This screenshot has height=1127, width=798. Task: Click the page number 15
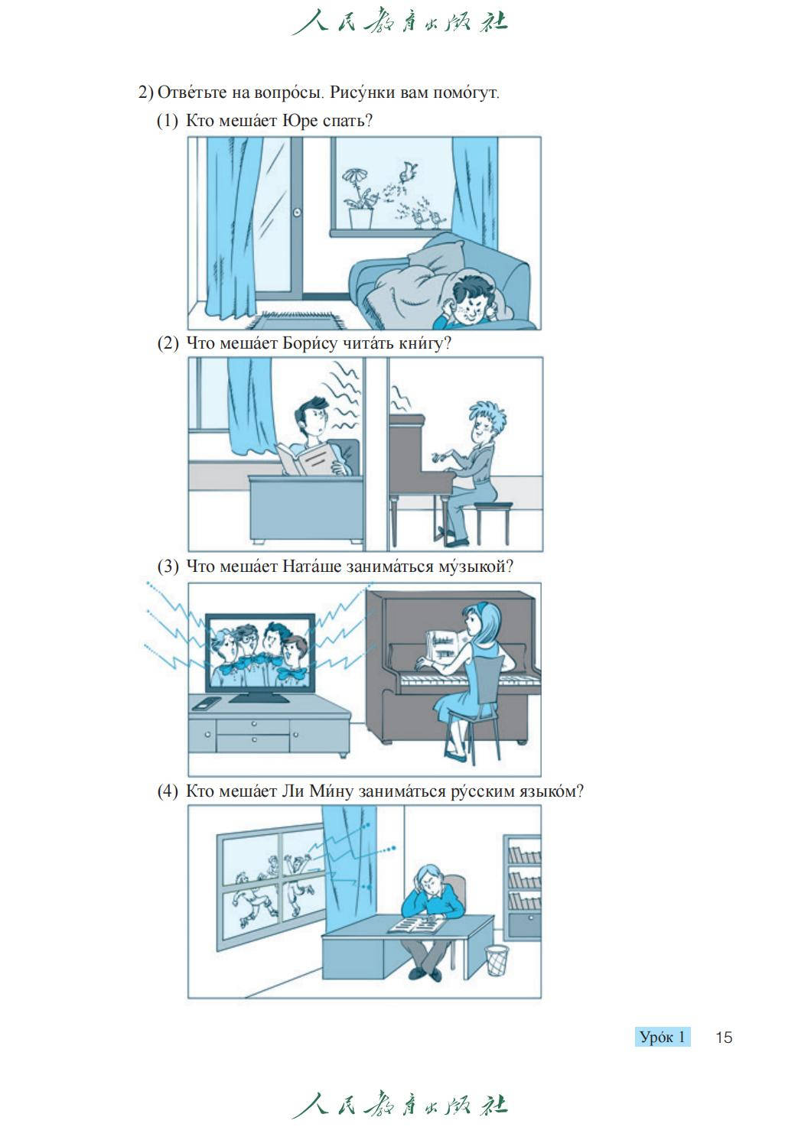click(724, 1038)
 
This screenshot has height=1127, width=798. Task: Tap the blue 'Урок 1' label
click(662, 1037)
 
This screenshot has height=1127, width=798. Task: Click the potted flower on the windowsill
click(359, 198)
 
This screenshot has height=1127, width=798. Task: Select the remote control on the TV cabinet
click(207, 703)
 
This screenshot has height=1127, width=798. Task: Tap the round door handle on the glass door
click(298, 212)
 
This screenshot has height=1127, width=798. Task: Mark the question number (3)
click(168, 567)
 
